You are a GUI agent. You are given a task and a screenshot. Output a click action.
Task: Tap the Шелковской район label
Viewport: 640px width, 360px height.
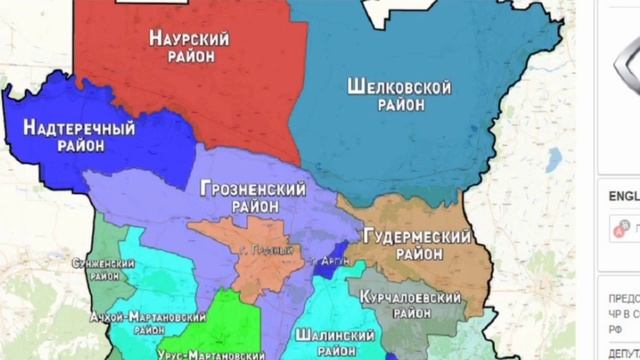coord(395,97)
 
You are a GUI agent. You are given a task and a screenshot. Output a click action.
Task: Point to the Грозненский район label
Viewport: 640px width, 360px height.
coord(239,195)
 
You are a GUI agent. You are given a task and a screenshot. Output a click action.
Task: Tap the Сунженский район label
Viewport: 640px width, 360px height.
coord(111,270)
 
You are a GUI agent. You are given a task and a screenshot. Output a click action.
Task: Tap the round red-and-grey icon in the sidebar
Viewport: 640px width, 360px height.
coord(617,229)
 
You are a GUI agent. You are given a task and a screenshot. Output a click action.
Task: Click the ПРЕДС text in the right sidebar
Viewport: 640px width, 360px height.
coord(622,297)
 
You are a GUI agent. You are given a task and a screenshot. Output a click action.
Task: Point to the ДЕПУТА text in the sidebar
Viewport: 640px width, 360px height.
coord(621,352)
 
